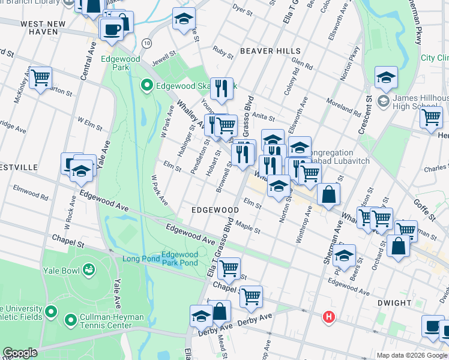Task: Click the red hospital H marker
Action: coord(328,317)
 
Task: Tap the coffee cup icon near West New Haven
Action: coord(112,29)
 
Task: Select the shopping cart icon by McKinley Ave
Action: coord(40,77)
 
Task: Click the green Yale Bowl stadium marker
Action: coord(89,270)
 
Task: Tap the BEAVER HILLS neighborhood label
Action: coord(266,51)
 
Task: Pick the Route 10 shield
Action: coord(146,43)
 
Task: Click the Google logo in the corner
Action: coord(20,353)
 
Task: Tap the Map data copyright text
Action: coord(411,355)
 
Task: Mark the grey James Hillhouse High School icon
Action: coord(382,100)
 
